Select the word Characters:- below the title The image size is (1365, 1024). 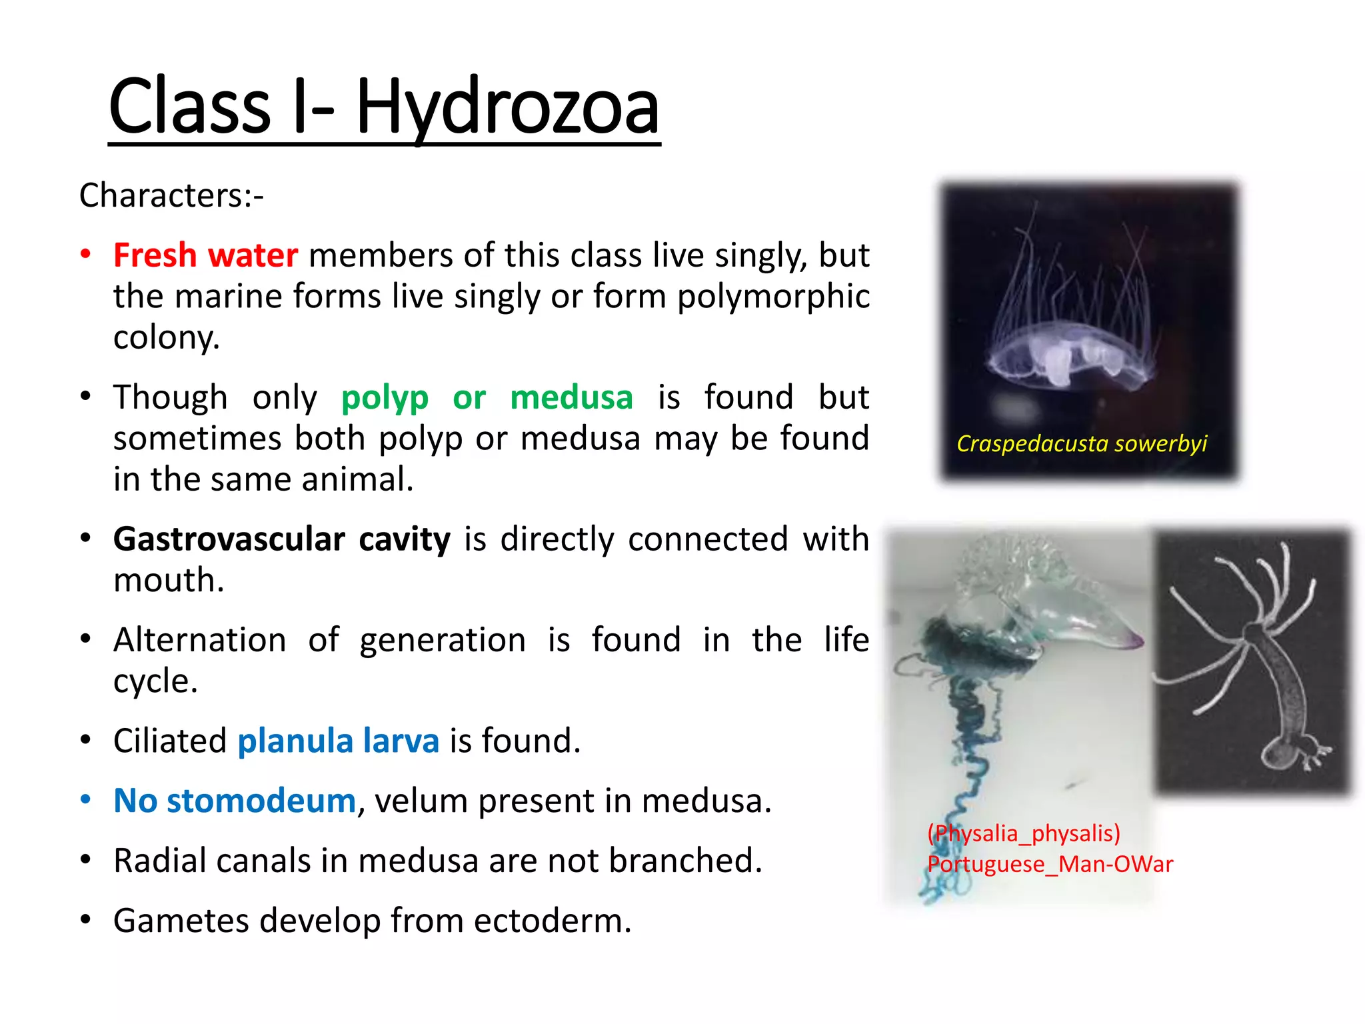(x=171, y=195)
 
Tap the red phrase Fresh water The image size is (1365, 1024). (x=205, y=255)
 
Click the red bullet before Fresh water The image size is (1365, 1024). (x=85, y=254)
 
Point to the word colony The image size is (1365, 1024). (x=166, y=337)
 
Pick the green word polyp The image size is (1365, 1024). (x=385, y=398)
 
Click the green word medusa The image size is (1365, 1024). (x=571, y=398)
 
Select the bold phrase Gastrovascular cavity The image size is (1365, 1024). (x=281, y=539)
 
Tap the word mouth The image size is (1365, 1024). (x=168, y=580)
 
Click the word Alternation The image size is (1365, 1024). (x=200, y=640)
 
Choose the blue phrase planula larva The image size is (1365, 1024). (x=338, y=741)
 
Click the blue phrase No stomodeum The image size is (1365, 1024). (x=235, y=801)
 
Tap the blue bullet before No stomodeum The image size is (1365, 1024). (x=85, y=799)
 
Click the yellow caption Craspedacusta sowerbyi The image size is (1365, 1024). (x=1081, y=443)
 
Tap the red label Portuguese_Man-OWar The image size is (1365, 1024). (x=1050, y=864)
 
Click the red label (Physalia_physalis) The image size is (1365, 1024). (x=1024, y=833)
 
